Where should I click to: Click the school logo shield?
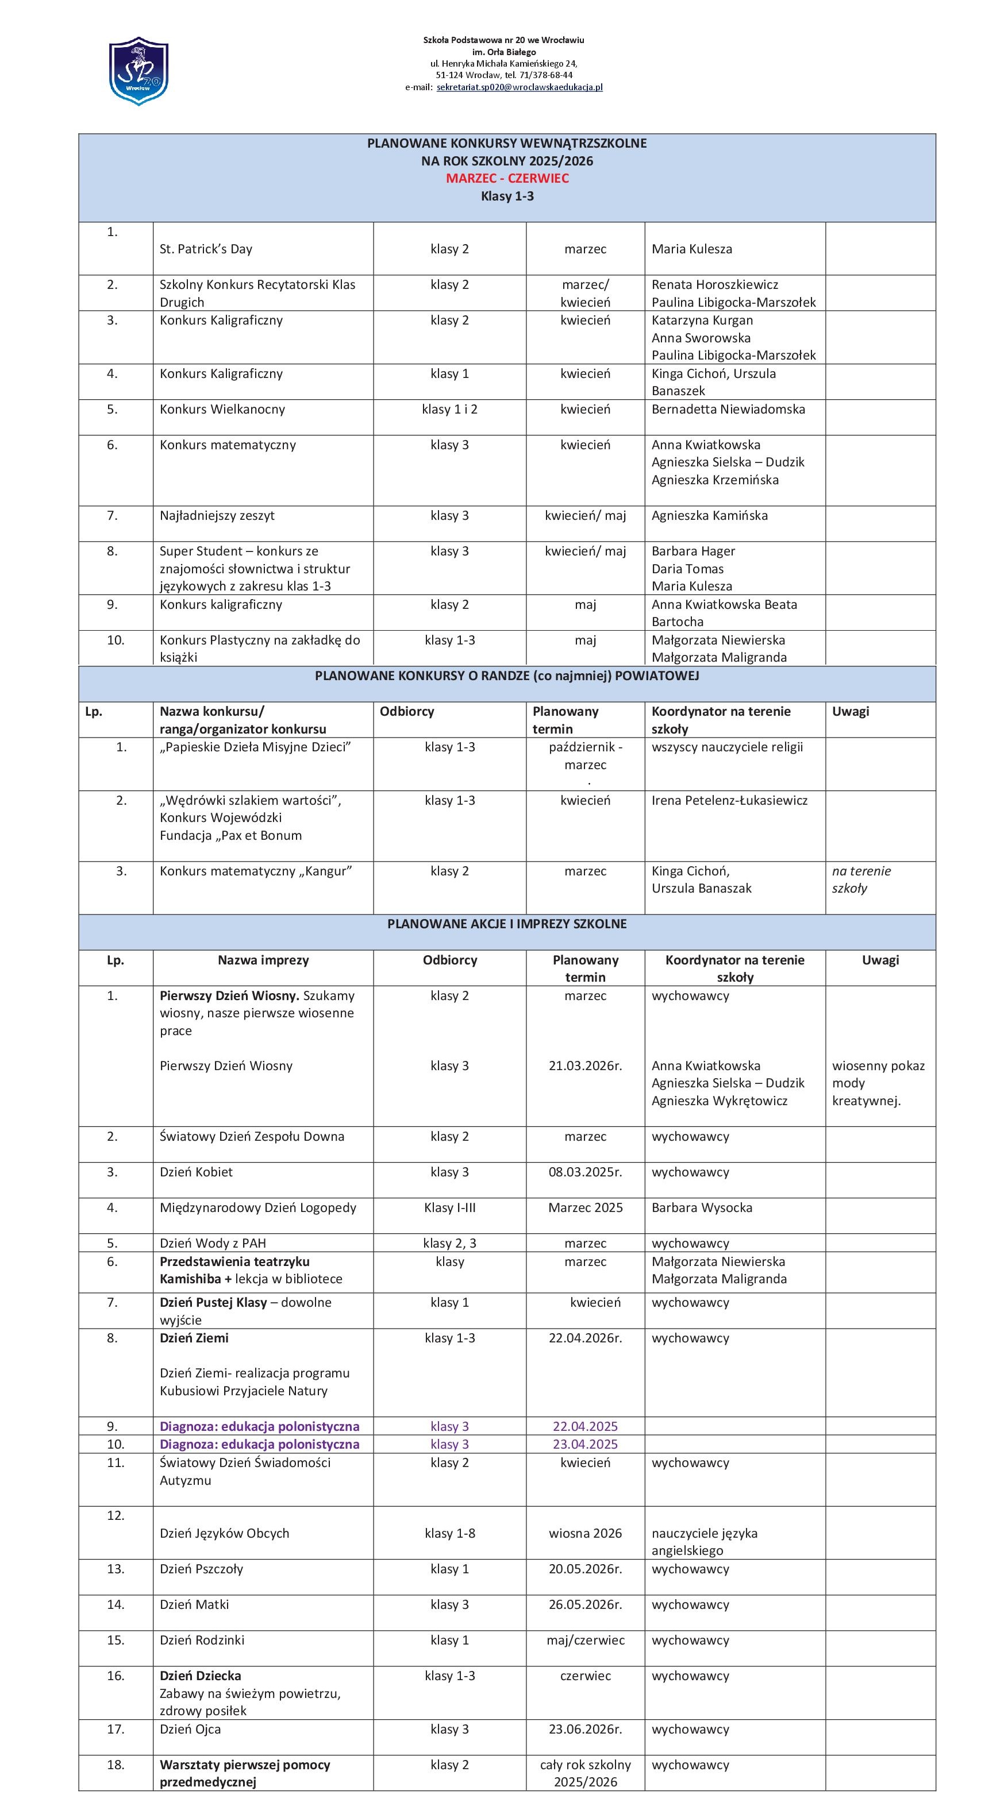pyautogui.click(x=138, y=71)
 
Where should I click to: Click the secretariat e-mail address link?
pyautogui.click(x=520, y=87)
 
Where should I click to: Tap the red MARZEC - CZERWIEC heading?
pyautogui.click(x=507, y=179)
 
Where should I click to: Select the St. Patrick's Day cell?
pyautogui.click(x=206, y=249)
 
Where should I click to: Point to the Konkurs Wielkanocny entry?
pyautogui.click(x=222, y=410)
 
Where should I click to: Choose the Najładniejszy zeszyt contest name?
pyautogui.click(x=217, y=516)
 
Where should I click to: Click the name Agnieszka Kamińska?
pyautogui.click(x=709, y=516)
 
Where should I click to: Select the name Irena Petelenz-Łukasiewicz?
pyautogui.click(x=729, y=800)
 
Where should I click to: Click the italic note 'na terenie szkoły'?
pyautogui.click(x=861, y=879)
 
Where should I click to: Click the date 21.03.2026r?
pyautogui.click(x=585, y=1066)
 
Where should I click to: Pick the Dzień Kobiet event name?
pyautogui.click(x=196, y=1172)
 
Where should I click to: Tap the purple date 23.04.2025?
pyautogui.click(x=585, y=1445)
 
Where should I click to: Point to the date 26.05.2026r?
pyautogui.click(x=585, y=1605)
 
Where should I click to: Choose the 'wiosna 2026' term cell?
pyautogui.click(x=585, y=1534)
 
